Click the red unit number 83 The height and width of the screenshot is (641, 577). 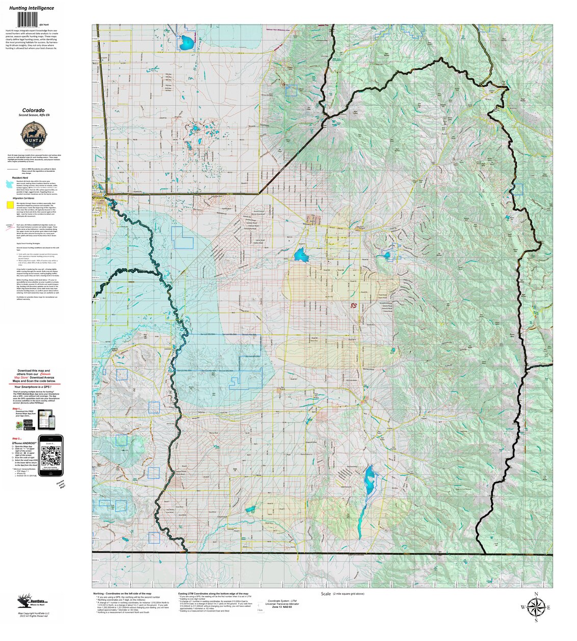353,306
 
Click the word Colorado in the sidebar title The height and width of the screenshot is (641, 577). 33,110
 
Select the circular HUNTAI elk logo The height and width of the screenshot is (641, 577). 34,136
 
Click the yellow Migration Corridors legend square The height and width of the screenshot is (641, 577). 10,205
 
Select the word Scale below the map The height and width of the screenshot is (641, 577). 326,594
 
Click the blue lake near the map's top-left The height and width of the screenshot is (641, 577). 187,42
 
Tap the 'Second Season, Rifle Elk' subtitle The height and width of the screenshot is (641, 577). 33,116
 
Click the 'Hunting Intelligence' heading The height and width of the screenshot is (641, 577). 32,8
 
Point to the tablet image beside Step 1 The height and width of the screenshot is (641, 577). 45,419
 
